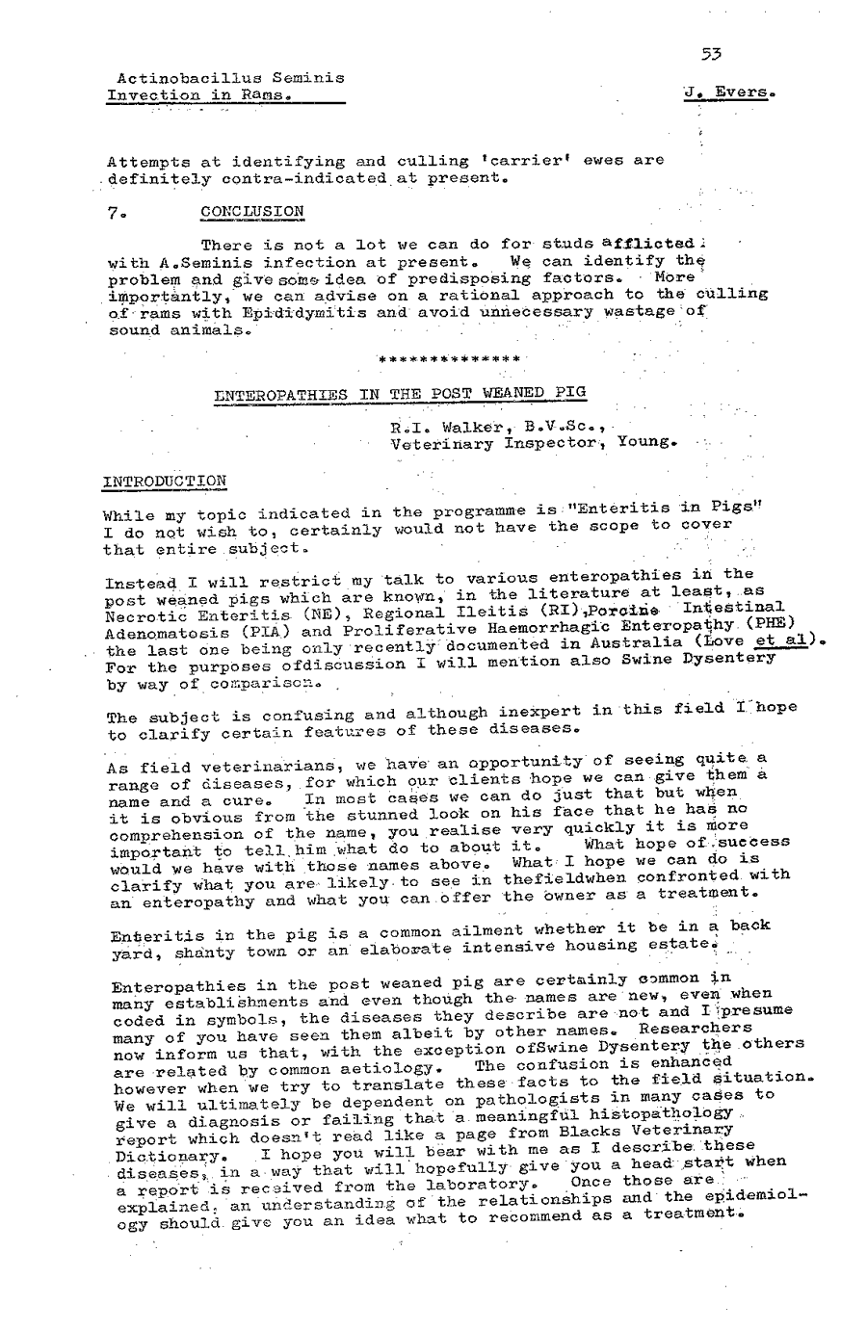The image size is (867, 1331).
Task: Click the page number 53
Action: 712,55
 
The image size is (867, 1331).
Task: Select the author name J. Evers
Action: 728,93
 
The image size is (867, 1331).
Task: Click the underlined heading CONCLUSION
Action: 252,211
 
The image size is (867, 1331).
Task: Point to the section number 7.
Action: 114,211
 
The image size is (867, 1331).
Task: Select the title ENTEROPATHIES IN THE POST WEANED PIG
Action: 400,393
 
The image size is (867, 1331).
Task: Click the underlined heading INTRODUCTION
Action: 165,480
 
